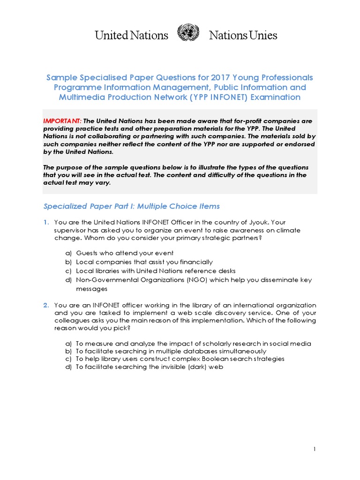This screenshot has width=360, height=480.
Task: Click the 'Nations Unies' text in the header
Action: pos(243,35)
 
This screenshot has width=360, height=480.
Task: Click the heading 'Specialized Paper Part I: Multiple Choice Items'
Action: pos(131,206)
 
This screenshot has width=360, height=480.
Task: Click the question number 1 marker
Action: pos(46,222)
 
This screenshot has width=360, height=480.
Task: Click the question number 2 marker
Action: pos(46,305)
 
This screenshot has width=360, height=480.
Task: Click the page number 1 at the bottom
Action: pos(315,450)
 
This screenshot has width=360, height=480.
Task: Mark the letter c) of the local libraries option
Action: pos(68,271)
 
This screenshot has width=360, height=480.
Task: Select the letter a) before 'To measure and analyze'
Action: pos(68,344)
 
